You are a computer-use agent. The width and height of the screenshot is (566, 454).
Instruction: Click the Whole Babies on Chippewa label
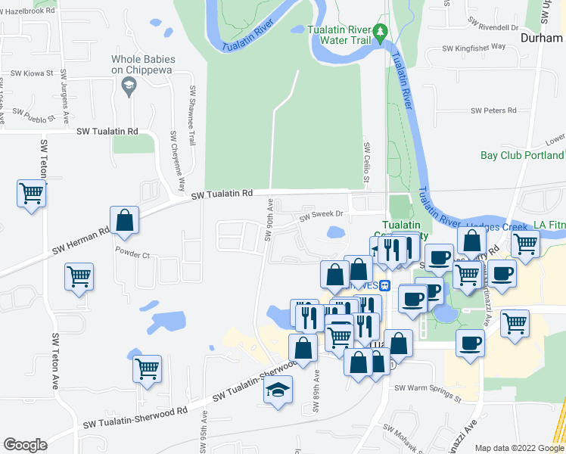(143, 64)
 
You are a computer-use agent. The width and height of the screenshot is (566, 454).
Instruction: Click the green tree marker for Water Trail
(382, 33)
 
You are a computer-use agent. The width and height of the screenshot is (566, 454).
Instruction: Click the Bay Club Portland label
(522, 155)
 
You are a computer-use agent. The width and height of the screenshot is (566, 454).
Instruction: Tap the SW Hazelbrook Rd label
(28, 11)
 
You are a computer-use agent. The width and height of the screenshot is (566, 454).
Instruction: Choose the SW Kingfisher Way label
(474, 47)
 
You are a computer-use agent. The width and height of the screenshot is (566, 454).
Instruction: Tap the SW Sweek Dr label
(321, 215)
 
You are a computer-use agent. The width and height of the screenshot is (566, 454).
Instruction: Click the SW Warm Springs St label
(428, 391)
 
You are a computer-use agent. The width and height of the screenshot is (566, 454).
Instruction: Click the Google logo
(25, 445)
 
